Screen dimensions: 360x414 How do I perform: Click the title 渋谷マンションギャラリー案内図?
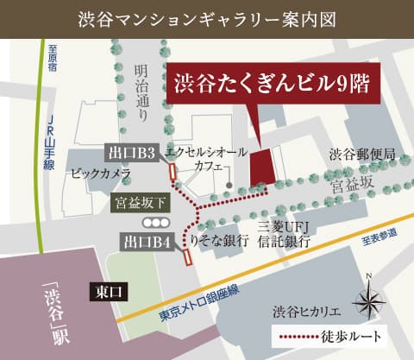coord(206,17)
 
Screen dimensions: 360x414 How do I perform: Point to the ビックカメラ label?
coord(101,174)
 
